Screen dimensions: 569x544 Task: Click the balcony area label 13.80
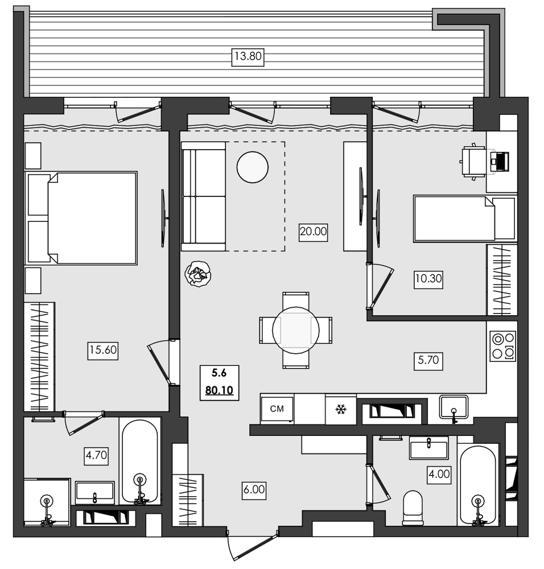pyautogui.click(x=249, y=56)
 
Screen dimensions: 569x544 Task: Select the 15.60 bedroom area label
pyautogui.click(x=102, y=350)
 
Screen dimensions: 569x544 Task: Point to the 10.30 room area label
pyautogui.click(x=428, y=279)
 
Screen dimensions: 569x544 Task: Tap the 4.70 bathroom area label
pyautogui.click(x=96, y=455)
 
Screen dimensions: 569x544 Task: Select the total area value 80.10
pyautogui.click(x=219, y=390)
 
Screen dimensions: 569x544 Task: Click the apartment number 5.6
pyautogui.click(x=219, y=373)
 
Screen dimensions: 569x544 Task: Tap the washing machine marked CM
pyautogui.click(x=277, y=409)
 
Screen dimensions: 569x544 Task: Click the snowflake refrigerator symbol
pyautogui.click(x=341, y=409)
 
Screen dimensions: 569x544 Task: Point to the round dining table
pyautogui.click(x=295, y=329)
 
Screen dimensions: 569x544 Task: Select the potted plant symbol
pyautogui.click(x=198, y=275)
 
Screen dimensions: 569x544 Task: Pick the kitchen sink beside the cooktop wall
pyautogui.click(x=454, y=408)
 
